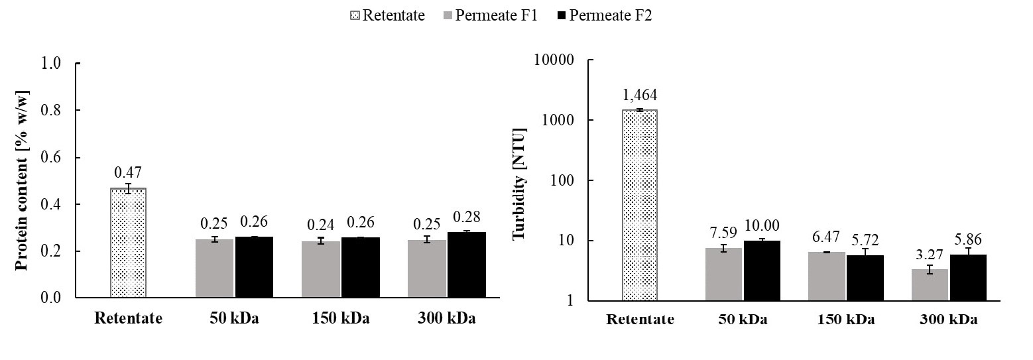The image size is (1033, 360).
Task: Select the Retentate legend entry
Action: [387, 15]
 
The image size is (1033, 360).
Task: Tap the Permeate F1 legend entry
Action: [489, 15]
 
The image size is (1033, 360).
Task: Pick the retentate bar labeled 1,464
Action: [639, 206]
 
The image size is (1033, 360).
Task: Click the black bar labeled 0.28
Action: [466, 265]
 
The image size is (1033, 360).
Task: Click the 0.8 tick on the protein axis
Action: [55, 111]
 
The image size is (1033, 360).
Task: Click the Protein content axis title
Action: [21, 180]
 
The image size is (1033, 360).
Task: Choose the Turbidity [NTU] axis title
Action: [518, 180]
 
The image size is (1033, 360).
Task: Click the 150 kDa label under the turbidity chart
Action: [844, 320]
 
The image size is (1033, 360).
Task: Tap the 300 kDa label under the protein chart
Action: [446, 318]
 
